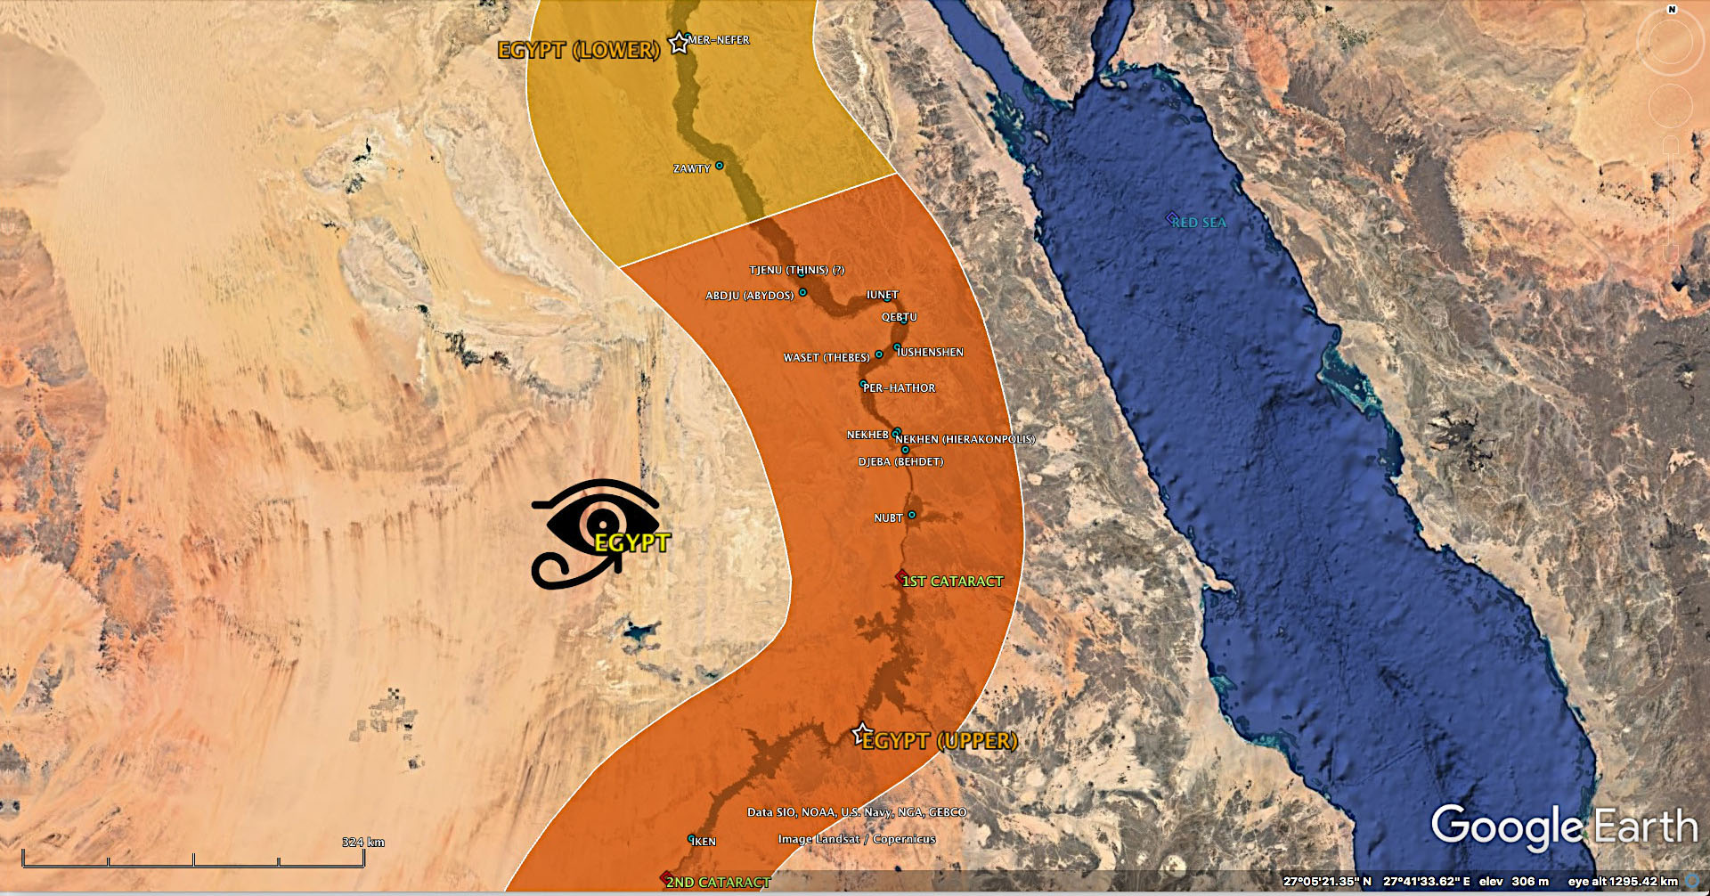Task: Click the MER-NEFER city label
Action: pyautogui.click(x=719, y=40)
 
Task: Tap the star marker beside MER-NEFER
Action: pyautogui.click(x=679, y=42)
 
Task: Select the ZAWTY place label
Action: pyautogui.click(x=692, y=168)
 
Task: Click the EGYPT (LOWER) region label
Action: pyautogui.click(x=579, y=50)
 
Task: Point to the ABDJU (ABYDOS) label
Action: pyautogui.click(x=749, y=296)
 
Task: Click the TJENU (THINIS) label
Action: pyautogui.click(x=796, y=270)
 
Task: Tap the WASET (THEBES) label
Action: pyautogui.click(x=826, y=358)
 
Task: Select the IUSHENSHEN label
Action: pyautogui.click(x=931, y=353)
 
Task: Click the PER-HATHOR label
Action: pyautogui.click(x=900, y=388)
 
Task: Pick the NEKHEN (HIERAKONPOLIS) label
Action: pyautogui.click(x=965, y=439)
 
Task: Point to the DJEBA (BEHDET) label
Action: pyautogui.click(x=900, y=461)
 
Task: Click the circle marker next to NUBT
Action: pyautogui.click(x=911, y=515)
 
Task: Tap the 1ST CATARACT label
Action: pyautogui.click(x=952, y=582)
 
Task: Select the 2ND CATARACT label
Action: pyautogui.click(x=718, y=882)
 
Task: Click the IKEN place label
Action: pyautogui.click(x=704, y=842)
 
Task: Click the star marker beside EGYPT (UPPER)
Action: pyautogui.click(x=860, y=734)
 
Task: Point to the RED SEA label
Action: pyautogui.click(x=1199, y=223)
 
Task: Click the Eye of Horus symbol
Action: pyautogui.click(x=595, y=532)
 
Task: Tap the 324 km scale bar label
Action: pyautogui.click(x=363, y=843)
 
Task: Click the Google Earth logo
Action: pyautogui.click(x=1564, y=827)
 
